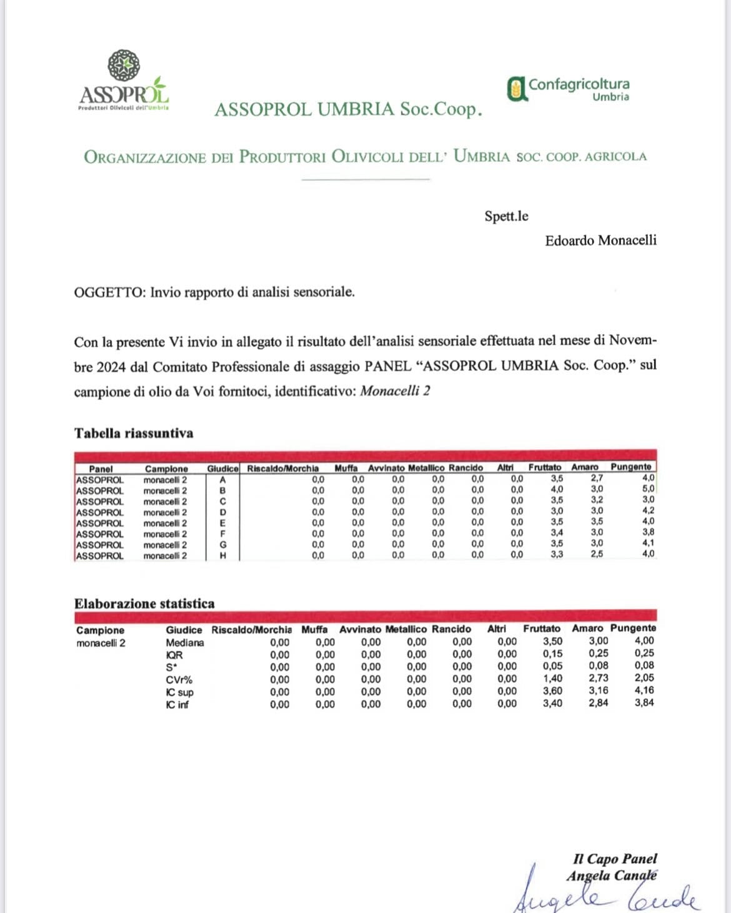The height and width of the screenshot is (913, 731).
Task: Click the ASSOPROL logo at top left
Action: [124, 81]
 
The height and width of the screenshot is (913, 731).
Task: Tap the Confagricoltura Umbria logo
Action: [568, 89]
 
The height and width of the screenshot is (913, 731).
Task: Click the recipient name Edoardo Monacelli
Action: [600, 240]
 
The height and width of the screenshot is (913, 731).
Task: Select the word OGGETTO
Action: [109, 292]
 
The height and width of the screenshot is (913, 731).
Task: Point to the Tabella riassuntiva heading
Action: [134, 433]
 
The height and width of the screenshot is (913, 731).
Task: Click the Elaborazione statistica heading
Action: [144, 603]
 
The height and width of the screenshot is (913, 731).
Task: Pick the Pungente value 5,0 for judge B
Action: [649, 490]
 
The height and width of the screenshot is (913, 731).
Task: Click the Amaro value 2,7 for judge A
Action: [597, 478]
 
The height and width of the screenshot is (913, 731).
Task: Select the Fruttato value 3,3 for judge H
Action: [557, 554]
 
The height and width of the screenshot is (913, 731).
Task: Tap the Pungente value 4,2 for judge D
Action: [649, 511]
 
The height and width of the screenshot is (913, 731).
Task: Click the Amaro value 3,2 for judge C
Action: [597, 500]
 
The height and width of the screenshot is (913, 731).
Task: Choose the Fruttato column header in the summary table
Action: [545, 467]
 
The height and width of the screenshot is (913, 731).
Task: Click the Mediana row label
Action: [185, 643]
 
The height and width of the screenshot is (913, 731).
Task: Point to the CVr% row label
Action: [179, 679]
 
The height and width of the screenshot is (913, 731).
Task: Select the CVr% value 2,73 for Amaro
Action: [598, 678]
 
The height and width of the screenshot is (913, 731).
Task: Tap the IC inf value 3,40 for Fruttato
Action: [552, 703]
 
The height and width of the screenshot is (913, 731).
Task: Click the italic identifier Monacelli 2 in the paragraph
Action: [395, 392]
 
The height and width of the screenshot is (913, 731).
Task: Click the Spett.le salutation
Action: [506, 216]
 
